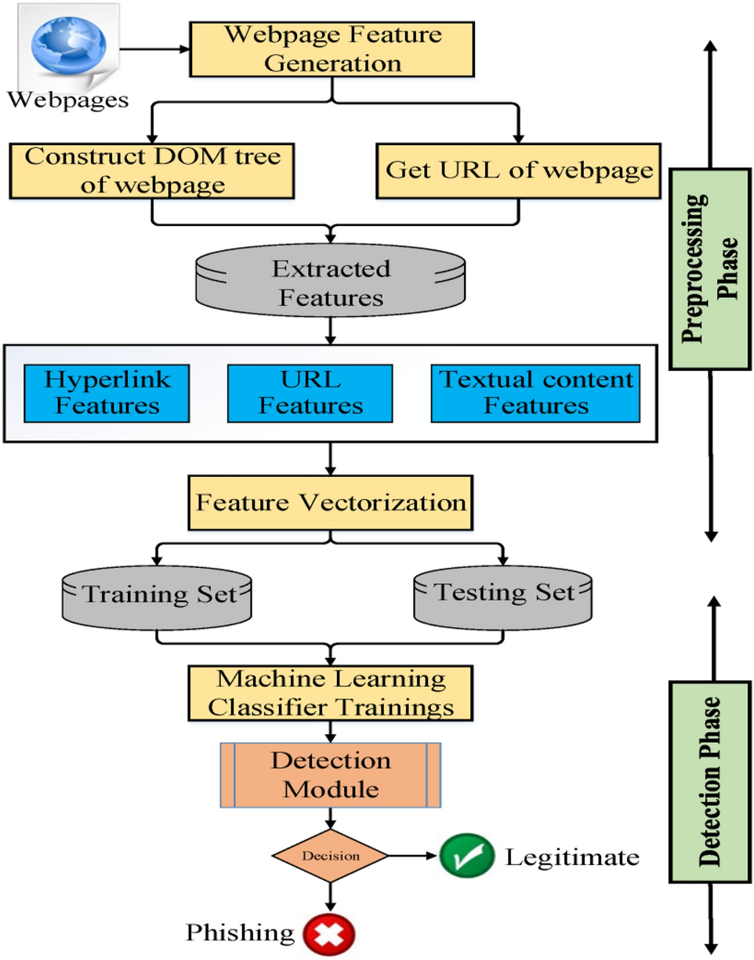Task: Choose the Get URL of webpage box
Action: click(x=518, y=169)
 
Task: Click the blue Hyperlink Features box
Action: click(x=107, y=392)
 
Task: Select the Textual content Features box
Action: click(x=535, y=392)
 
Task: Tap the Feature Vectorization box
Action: click(x=333, y=500)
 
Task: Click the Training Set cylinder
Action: click(x=158, y=593)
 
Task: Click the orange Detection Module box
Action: click(x=329, y=775)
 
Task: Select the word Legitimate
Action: click(x=571, y=857)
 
